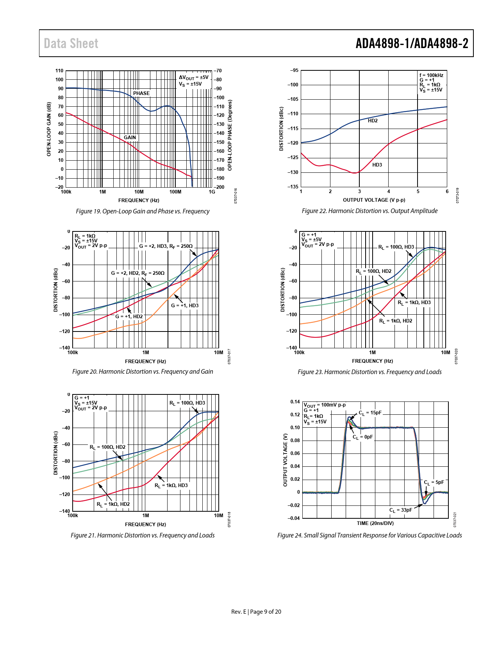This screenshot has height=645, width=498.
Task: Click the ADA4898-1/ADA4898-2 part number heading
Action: [412, 43]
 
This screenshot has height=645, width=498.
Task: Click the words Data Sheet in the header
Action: [71, 43]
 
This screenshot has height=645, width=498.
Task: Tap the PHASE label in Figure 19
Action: [141, 93]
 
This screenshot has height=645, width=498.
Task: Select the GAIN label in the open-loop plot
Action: [130, 138]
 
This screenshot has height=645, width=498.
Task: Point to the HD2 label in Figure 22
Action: [373, 121]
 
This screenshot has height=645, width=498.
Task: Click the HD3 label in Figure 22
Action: [377, 165]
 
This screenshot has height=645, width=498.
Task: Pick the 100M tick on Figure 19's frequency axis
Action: [175, 192]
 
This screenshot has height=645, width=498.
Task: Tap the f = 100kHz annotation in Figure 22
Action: [431, 75]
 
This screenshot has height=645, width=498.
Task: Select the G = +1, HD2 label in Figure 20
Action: [129, 317]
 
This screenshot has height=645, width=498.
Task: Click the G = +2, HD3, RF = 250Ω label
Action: [166, 246]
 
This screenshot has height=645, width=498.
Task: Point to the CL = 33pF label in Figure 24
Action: [401, 510]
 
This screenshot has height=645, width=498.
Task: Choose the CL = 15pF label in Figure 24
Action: [370, 413]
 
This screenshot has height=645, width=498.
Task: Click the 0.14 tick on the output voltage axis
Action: [295, 402]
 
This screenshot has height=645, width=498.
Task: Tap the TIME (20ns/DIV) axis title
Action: [375, 523]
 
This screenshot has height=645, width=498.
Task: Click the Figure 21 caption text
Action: [143, 535]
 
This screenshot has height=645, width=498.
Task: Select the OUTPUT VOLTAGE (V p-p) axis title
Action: [374, 200]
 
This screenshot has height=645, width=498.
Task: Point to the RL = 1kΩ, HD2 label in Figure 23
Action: [396, 321]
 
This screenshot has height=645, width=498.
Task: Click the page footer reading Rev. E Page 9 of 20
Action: [256, 612]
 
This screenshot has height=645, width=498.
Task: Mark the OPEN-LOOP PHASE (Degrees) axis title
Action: [230, 135]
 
